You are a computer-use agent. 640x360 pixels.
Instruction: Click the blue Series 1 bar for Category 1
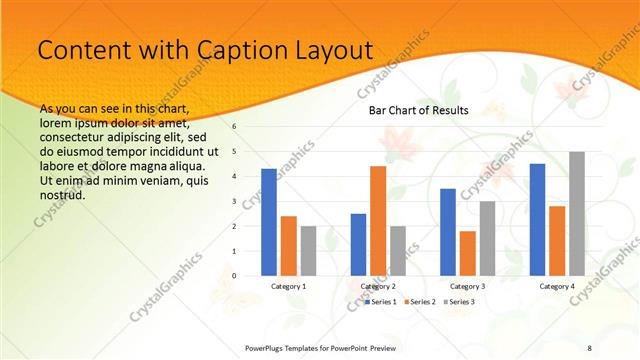[269, 222]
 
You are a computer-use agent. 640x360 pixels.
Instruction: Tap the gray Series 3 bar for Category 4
[577, 213]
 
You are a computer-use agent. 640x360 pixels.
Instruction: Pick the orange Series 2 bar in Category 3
[468, 253]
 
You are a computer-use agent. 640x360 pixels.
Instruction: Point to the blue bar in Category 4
[538, 219]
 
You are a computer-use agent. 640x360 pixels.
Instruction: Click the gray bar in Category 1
[308, 250]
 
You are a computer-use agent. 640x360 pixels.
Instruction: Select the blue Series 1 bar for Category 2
[358, 244]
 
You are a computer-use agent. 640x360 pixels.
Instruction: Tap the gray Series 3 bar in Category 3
[487, 238]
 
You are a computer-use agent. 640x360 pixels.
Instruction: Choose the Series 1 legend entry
[382, 301]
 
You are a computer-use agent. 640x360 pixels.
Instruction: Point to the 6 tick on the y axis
[234, 127]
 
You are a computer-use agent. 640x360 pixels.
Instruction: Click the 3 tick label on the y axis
[234, 201]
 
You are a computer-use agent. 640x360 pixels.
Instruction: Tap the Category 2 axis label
[378, 286]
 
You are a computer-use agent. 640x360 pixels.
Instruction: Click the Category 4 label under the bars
[557, 286]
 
